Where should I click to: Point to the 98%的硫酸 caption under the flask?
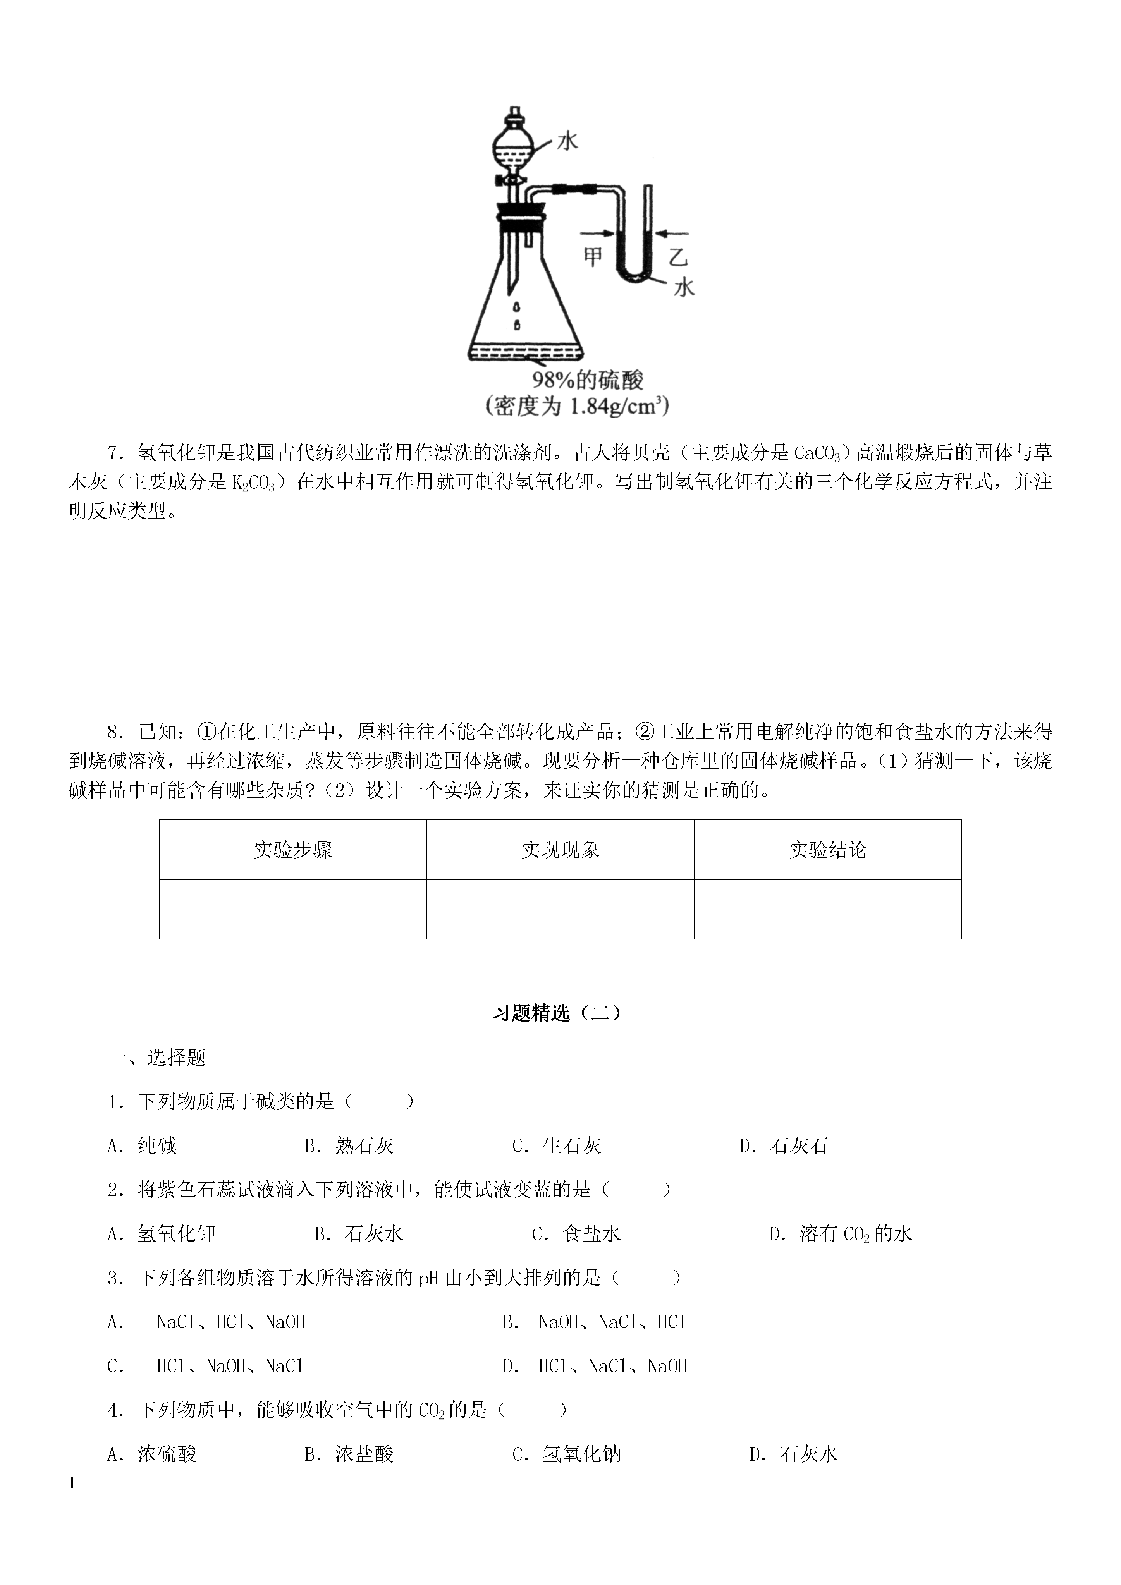(x=587, y=380)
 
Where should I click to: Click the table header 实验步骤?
(x=293, y=850)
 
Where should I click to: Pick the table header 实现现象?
(x=560, y=850)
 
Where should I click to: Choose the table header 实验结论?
(x=827, y=850)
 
